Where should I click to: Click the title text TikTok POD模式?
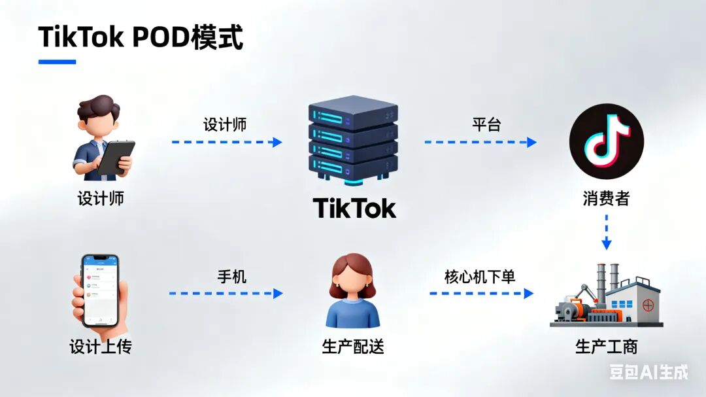pyautogui.click(x=141, y=37)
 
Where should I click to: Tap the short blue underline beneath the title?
pyautogui.click(x=57, y=62)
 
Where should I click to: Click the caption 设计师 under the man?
pyautogui.click(x=101, y=198)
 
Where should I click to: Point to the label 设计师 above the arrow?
pyautogui.click(x=225, y=124)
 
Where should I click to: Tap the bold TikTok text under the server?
pyautogui.click(x=354, y=209)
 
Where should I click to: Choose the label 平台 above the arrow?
pyautogui.click(x=486, y=124)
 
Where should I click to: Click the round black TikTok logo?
pyautogui.click(x=606, y=141)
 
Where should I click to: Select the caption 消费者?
pyautogui.click(x=606, y=198)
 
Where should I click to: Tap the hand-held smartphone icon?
pyautogui.click(x=100, y=290)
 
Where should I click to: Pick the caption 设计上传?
pyautogui.click(x=101, y=347)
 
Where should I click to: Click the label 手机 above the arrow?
pyautogui.click(x=231, y=277)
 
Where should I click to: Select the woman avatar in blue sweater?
pyautogui.click(x=353, y=292)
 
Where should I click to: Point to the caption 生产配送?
pyautogui.click(x=353, y=347)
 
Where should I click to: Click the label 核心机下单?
pyautogui.click(x=480, y=277)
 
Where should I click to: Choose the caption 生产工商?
pyautogui.click(x=606, y=347)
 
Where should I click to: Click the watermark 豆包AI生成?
pyautogui.click(x=648, y=372)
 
